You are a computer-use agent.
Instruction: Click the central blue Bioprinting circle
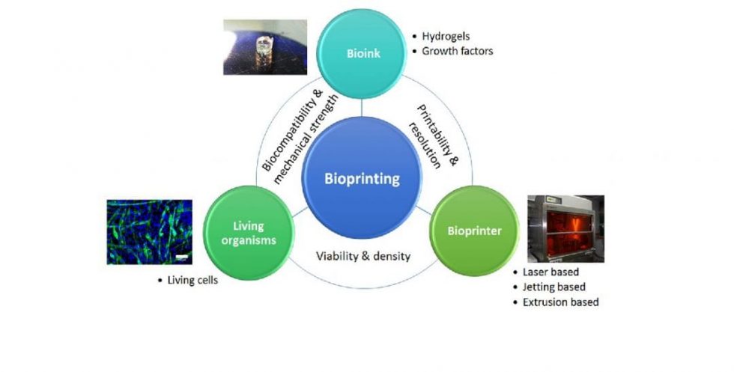pyautogui.click(x=362, y=178)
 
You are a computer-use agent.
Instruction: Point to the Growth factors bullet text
pyautogui.click(x=458, y=52)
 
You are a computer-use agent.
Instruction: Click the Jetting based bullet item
pyautogui.click(x=554, y=287)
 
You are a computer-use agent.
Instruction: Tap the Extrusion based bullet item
pyautogui.click(x=560, y=302)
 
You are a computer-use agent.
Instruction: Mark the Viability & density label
pyautogui.click(x=363, y=256)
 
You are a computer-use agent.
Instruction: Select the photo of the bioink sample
pyautogui.click(x=265, y=47)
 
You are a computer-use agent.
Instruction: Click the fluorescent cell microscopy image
pyautogui.click(x=150, y=231)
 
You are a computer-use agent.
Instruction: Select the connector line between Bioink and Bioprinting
pyautogui.click(x=362, y=105)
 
